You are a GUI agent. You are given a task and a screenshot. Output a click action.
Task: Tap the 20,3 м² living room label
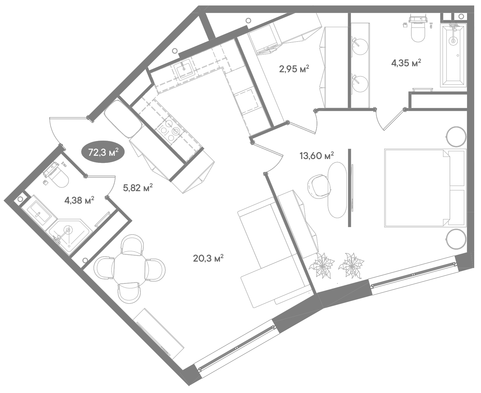click(208, 258)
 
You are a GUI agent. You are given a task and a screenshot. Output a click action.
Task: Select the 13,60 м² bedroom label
click(317, 155)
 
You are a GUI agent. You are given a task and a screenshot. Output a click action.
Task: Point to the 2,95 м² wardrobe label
click(294, 69)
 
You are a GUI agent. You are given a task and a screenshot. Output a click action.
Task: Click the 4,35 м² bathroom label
click(406, 63)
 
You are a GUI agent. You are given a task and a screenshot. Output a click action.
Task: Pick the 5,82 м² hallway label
click(138, 188)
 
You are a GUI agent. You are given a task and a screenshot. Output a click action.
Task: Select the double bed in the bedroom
click(425, 188)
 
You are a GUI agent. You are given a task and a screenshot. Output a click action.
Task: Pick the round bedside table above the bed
click(456, 136)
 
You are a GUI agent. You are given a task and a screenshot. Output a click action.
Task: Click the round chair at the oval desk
click(319, 186)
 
